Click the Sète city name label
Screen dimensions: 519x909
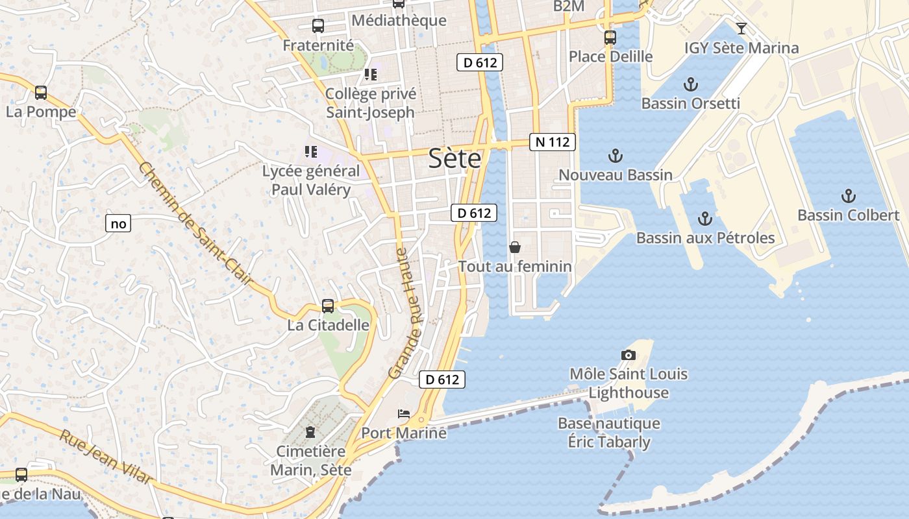coord(454,159)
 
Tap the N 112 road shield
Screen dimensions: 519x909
coord(553,142)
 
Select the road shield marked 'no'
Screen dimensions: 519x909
coord(118,224)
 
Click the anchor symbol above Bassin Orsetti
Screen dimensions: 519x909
coord(691,84)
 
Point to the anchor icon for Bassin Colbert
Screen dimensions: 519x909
coord(848,196)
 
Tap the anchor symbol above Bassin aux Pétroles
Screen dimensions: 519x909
coord(705,219)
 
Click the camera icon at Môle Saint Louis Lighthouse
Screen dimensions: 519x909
coord(628,355)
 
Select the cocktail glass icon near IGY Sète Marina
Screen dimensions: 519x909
coord(741,29)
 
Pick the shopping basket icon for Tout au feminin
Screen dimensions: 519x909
coord(515,247)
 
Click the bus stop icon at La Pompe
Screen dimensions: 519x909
coord(41,93)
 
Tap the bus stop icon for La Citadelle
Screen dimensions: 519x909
coord(328,306)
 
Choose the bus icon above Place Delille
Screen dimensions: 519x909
coord(610,38)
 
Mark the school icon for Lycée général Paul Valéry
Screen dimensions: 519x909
coord(311,152)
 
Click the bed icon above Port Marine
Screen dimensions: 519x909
coord(404,414)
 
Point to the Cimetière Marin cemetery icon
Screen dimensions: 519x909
coord(310,432)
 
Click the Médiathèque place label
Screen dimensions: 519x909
coord(399,21)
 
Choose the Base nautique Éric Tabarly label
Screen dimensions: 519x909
coord(609,433)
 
